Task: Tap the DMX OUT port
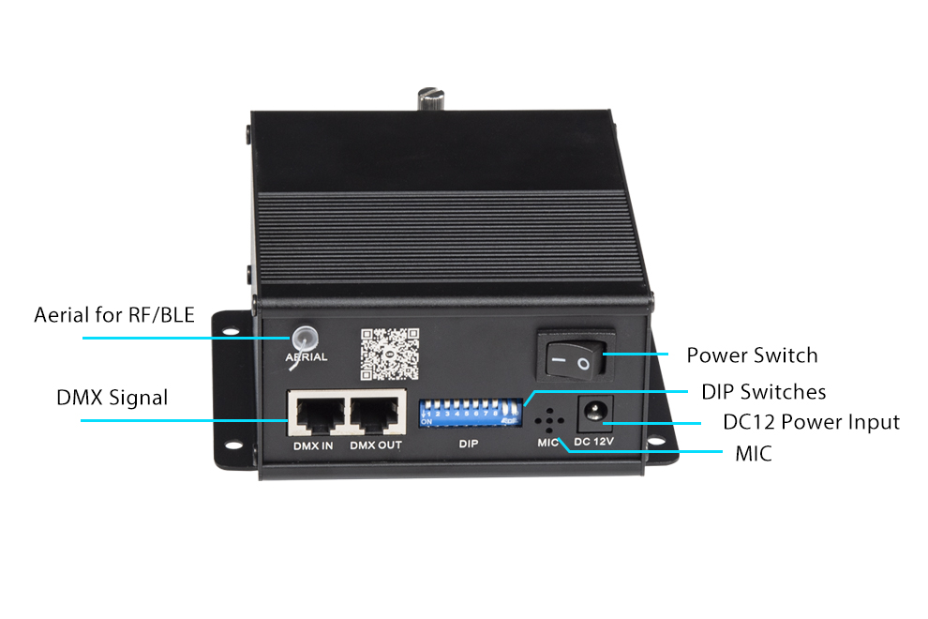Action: (376, 414)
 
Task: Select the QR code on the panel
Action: (389, 352)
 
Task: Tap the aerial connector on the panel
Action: (303, 338)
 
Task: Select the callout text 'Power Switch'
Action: (752, 355)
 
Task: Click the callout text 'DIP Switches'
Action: (764, 391)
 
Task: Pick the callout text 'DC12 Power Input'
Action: (811, 422)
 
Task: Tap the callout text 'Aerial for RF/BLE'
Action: (114, 314)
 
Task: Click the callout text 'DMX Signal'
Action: (112, 398)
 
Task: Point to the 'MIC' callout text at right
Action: (754, 455)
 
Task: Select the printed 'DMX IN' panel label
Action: (314, 445)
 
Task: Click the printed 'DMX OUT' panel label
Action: (376, 445)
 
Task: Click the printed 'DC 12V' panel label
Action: (592, 441)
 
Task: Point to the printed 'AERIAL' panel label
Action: (307, 357)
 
